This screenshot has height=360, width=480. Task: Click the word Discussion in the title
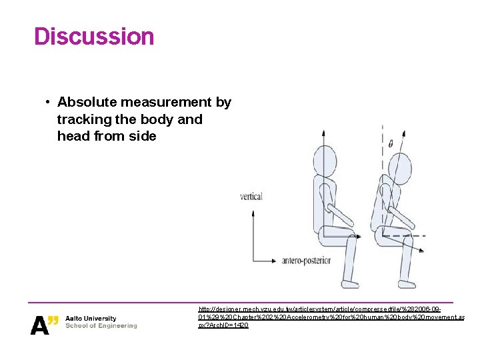tap(94, 36)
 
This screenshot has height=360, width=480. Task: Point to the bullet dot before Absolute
tap(48, 102)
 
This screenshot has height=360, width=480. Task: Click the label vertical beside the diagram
tap(251, 196)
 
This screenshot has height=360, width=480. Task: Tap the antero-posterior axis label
tap(307, 260)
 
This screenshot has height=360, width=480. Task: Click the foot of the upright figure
tap(349, 283)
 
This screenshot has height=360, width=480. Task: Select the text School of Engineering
tap(101, 325)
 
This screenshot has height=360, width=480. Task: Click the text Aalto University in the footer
tap(91, 318)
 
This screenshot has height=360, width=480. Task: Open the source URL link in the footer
tap(331, 317)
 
